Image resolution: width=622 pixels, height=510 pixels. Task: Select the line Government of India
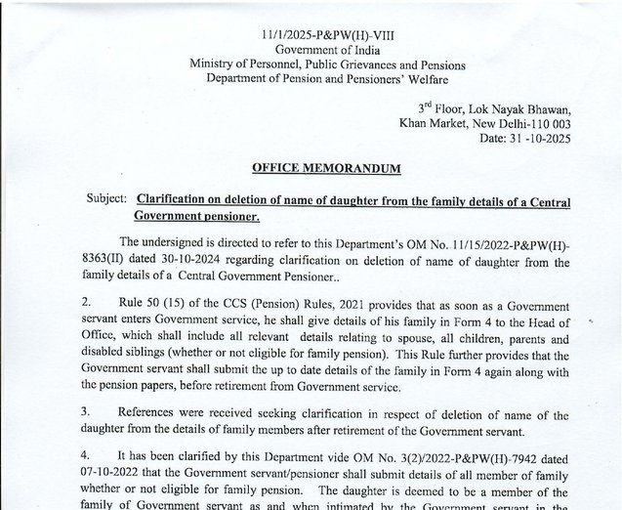point(313,49)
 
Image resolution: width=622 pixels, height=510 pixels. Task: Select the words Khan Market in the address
point(434,123)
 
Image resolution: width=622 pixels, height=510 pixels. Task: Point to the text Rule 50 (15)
point(150,306)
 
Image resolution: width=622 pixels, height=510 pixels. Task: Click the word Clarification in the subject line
point(179,198)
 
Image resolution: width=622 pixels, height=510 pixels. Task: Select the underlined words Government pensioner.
point(195,215)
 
